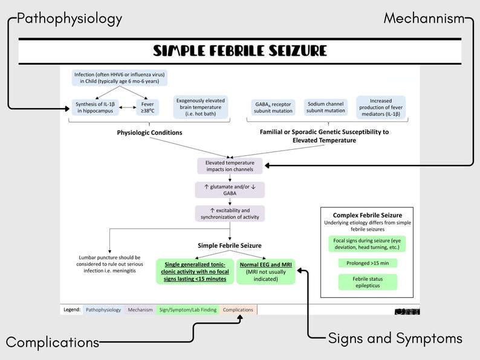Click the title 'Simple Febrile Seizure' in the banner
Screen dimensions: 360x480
pos(239,51)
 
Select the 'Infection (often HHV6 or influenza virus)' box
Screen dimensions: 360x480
pos(119,77)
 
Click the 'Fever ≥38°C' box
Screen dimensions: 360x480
pos(147,107)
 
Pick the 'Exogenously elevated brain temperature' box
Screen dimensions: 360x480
pos(201,107)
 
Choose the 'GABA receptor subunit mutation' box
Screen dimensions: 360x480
pos(273,107)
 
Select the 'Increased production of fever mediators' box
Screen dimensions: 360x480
pos(380,107)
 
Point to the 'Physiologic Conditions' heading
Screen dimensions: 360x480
pos(149,132)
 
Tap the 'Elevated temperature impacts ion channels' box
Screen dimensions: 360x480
pos(230,166)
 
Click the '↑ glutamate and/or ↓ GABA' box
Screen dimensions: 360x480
pos(230,190)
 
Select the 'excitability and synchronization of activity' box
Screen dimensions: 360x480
pos(230,213)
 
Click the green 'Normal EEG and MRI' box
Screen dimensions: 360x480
pos(267,271)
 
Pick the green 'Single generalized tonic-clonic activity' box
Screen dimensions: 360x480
pos(195,271)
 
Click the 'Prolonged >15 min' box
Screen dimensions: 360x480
pos(367,263)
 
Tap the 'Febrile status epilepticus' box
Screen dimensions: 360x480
pos(367,282)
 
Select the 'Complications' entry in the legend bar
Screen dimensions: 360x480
pos(238,310)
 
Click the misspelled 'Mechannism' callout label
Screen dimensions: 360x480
pos(424,18)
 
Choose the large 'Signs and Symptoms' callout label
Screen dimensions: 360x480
pos(395,338)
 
